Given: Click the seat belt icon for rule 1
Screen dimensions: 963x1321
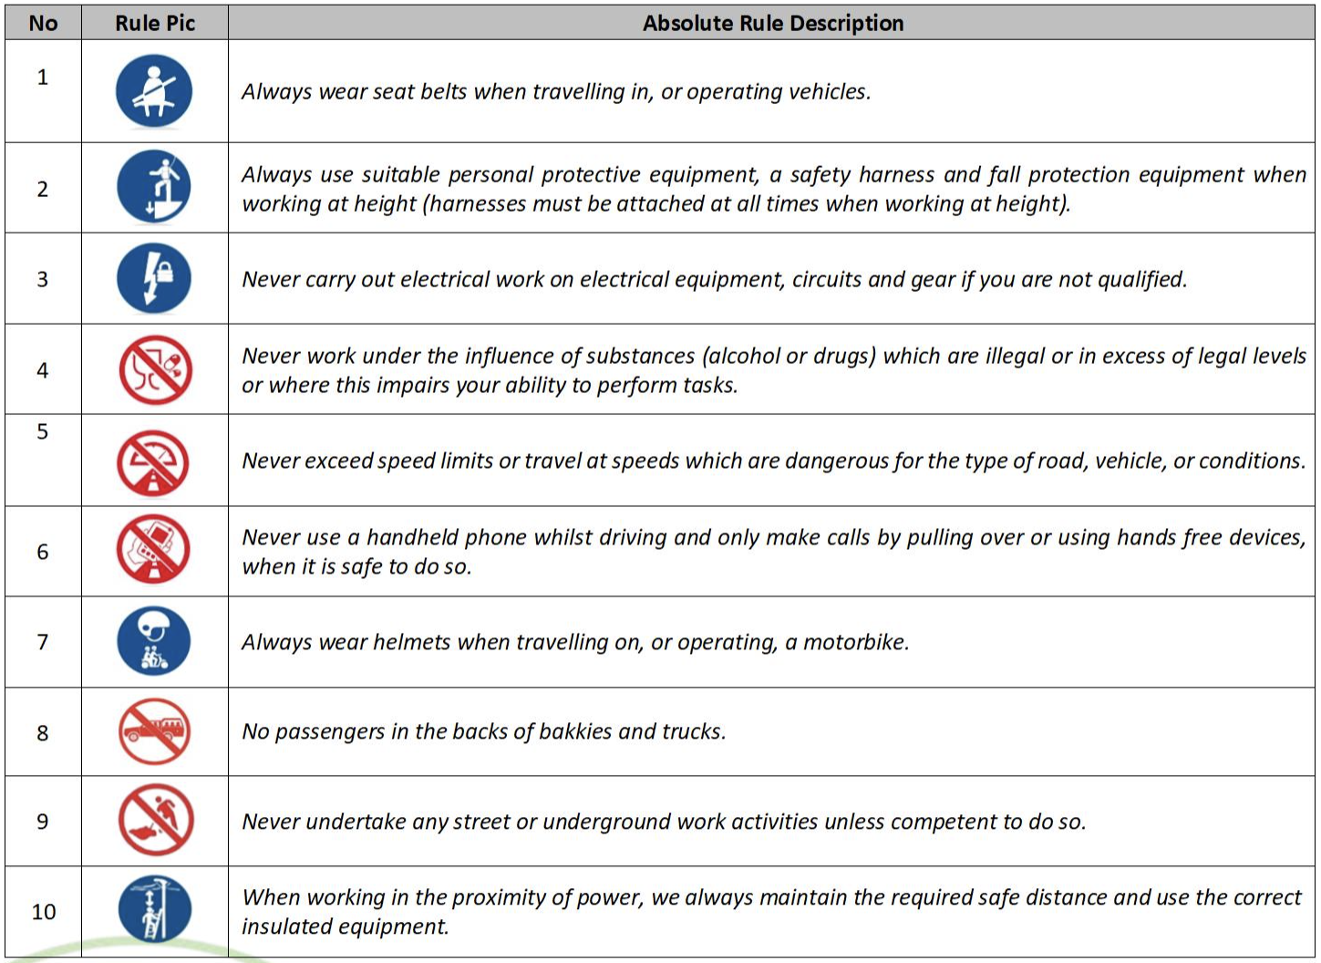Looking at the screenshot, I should (x=154, y=91).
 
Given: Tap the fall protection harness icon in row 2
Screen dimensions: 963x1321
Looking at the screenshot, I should (x=154, y=188).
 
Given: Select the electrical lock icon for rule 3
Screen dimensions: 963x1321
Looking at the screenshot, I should (x=154, y=278).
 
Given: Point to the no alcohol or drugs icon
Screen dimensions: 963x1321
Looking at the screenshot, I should (x=155, y=369).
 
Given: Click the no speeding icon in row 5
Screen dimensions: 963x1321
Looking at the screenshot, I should (x=153, y=462).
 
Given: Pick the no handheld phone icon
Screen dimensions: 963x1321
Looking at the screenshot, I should (x=153, y=550).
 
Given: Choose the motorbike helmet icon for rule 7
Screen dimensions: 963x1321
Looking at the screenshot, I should (x=154, y=641).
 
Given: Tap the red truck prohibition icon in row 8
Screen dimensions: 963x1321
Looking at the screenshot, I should (x=154, y=730).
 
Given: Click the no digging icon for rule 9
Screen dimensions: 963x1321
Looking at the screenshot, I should (x=156, y=821).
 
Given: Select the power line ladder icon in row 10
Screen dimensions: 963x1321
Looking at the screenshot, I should (x=155, y=909).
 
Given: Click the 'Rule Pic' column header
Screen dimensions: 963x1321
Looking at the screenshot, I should (x=155, y=23).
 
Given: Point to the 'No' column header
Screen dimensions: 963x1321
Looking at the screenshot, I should (x=43, y=23).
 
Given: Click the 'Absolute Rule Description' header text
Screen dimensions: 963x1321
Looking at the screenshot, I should (x=772, y=23).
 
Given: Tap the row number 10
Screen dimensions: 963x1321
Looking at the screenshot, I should (x=44, y=911).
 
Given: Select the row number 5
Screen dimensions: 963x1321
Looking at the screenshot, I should (x=42, y=431).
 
